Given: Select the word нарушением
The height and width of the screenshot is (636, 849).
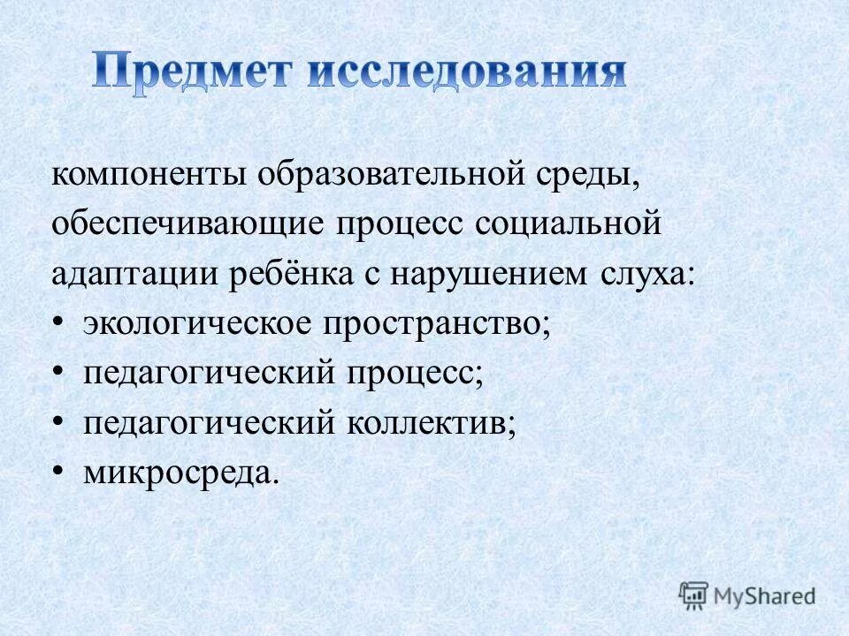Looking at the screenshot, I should point(489,274).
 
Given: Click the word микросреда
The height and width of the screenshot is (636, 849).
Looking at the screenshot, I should point(180,474).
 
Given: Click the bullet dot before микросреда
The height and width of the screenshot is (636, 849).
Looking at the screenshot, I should point(57,473).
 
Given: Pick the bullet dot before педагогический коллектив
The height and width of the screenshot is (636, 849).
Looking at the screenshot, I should point(57,422).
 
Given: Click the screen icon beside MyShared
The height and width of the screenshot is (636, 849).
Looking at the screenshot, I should point(695,594).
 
